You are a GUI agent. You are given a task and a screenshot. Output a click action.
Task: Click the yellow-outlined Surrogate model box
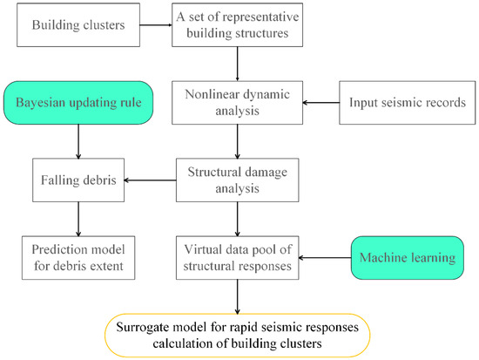tap(238, 333)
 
